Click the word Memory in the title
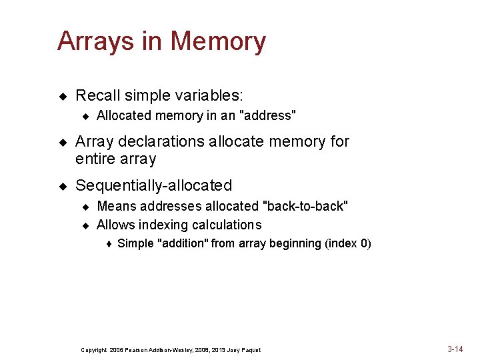[219, 41]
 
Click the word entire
[95, 159]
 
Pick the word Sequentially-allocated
[154, 185]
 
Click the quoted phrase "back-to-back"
[307, 206]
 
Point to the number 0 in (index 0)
[365, 243]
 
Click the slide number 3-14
[455, 349]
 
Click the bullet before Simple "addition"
[108, 244]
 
